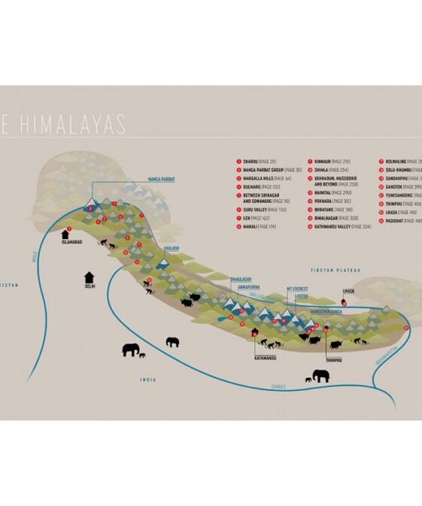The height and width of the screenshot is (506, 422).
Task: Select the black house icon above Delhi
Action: click(90, 277)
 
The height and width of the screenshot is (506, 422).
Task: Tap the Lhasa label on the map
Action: click(348, 290)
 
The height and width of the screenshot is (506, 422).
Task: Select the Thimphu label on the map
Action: click(339, 359)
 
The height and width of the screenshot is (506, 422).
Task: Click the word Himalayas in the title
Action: click(71, 126)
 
